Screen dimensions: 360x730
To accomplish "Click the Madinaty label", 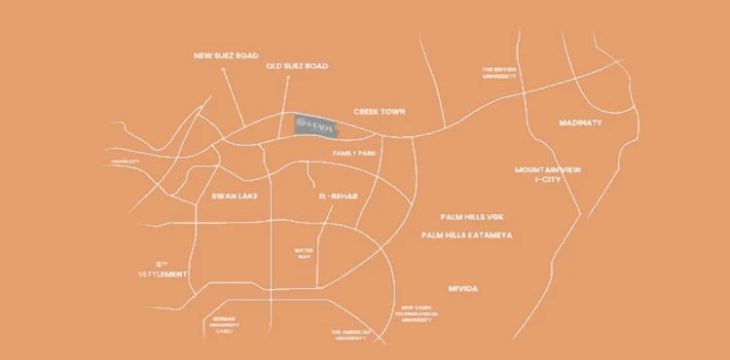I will click(581, 124).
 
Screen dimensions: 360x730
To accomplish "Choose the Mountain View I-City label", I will click(548, 174).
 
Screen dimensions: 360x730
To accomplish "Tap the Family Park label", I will click(353, 153).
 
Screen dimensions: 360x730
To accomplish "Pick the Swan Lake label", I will click(233, 196).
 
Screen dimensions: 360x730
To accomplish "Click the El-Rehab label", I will click(338, 196).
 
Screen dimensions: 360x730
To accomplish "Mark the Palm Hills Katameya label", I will click(467, 235).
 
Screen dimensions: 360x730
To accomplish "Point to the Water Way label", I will click(304, 253).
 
